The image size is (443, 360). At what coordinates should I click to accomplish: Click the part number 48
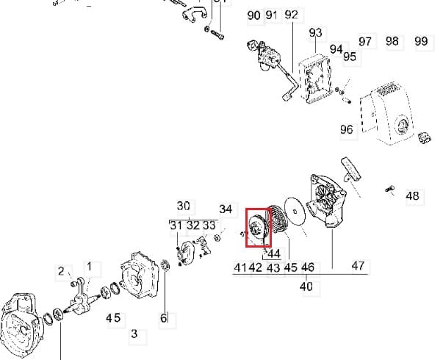(x=412, y=196)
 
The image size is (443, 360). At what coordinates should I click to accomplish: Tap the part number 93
(x=316, y=32)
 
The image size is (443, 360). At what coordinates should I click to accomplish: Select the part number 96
(x=347, y=129)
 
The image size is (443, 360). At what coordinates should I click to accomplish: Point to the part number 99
(x=421, y=41)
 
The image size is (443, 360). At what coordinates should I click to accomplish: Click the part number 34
(x=226, y=209)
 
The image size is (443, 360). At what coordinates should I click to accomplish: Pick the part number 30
(x=184, y=206)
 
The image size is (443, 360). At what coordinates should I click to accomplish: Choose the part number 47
(x=358, y=266)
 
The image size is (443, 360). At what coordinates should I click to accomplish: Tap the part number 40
(x=306, y=285)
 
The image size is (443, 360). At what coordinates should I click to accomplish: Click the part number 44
(x=274, y=253)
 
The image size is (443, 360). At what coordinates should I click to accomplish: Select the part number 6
(x=164, y=318)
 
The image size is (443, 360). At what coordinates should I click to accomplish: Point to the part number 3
(x=134, y=334)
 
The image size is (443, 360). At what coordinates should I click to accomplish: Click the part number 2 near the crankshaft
(x=62, y=272)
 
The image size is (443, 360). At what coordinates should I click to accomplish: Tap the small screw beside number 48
(x=389, y=190)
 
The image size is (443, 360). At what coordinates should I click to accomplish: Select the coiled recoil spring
(x=279, y=221)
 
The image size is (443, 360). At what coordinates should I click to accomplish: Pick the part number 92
(x=291, y=15)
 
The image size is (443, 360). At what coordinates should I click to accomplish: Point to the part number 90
(x=254, y=15)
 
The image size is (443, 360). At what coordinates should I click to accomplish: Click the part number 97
(x=365, y=41)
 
